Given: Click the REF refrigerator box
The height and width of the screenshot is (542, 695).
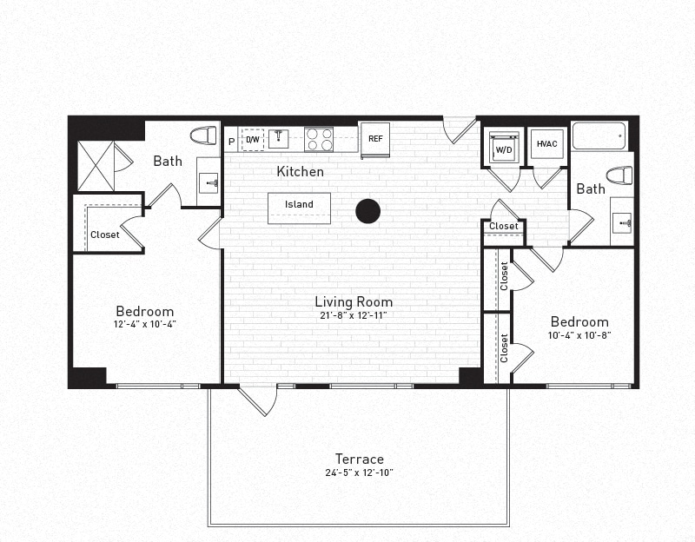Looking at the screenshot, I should click(x=375, y=139).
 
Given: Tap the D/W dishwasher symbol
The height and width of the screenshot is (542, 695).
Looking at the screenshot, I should click(x=253, y=139).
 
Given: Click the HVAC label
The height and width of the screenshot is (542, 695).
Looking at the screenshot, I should click(x=547, y=144).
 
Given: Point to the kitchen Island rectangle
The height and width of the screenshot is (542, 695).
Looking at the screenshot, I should click(x=299, y=207).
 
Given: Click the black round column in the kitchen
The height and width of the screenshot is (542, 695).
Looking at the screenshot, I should click(x=368, y=211).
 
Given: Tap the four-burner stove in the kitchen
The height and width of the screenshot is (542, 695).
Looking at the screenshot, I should click(x=319, y=139).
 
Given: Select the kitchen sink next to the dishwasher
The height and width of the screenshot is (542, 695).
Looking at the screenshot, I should click(x=278, y=138).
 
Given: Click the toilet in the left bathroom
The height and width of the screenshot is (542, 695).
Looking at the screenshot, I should click(x=203, y=136).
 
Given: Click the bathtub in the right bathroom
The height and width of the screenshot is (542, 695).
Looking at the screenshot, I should click(x=599, y=136).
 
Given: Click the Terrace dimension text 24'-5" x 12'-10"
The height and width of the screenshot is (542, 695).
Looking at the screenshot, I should click(x=360, y=473).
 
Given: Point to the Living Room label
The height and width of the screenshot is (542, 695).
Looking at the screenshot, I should click(x=354, y=301).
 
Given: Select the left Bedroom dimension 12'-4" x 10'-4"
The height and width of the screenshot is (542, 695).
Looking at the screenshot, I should click(x=145, y=325).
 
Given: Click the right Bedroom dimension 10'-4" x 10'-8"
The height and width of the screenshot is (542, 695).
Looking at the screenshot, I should click(x=579, y=334).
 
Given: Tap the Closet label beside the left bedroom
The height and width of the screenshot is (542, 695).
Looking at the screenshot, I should click(x=105, y=235).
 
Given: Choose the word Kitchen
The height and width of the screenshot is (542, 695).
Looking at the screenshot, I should click(x=300, y=172).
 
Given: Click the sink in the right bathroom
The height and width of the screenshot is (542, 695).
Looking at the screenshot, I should click(x=623, y=223).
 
